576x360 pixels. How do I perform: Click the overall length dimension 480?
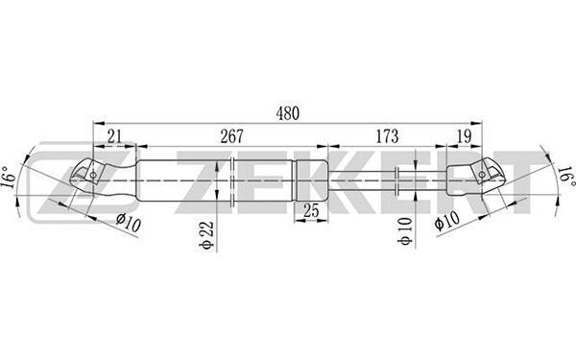[288, 113]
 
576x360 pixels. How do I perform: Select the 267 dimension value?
[231, 136]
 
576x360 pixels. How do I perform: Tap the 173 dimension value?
[387, 136]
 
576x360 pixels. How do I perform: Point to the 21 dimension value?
[114, 136]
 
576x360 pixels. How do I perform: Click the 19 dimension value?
[465, 136]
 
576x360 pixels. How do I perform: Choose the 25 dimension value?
[311, 210]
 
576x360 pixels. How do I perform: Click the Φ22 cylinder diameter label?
[207, 235]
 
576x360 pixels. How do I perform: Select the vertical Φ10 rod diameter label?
[405, 230]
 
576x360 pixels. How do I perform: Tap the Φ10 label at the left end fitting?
[129, 223]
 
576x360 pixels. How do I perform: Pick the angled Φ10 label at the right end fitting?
[446, 221]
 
